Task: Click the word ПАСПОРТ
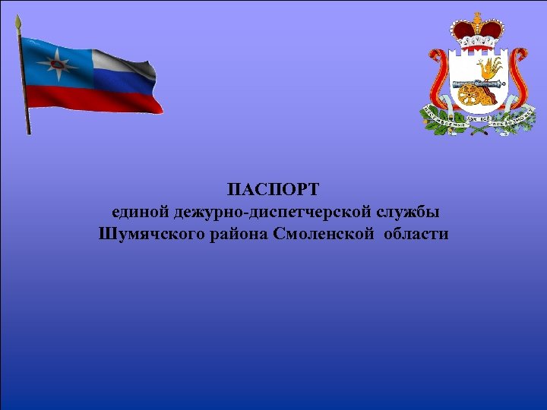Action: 274,187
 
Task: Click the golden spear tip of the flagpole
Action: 19,23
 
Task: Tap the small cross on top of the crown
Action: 477,16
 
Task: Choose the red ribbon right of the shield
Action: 518,76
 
